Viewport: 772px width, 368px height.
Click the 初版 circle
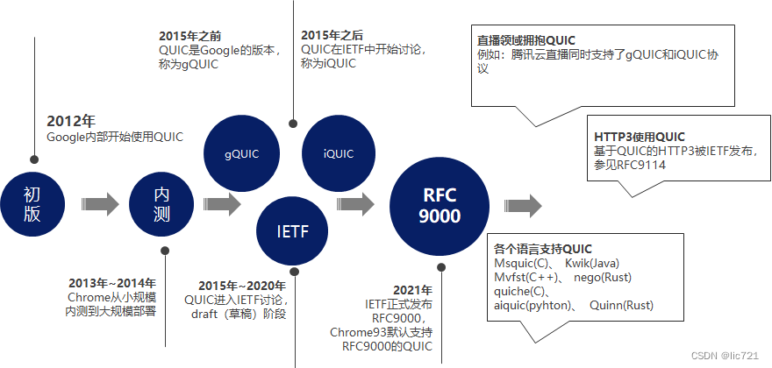click(32, 204)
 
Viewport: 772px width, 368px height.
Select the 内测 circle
click(161, 204)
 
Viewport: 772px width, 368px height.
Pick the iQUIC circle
click(338, 154)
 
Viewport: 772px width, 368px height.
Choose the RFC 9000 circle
click(439, 205)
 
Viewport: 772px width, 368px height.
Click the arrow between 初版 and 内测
click(97, 204)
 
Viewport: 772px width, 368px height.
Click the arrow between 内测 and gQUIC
click(221, 204)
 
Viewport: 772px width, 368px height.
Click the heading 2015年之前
click(190, 36)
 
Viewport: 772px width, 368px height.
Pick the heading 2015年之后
click(332, 36)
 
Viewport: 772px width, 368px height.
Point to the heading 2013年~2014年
click(112, 283)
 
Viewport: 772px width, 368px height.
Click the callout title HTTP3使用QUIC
click(639, 137)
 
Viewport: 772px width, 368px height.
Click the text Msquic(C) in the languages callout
click(522, 264)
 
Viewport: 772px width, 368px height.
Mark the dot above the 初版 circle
click(33, 160)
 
